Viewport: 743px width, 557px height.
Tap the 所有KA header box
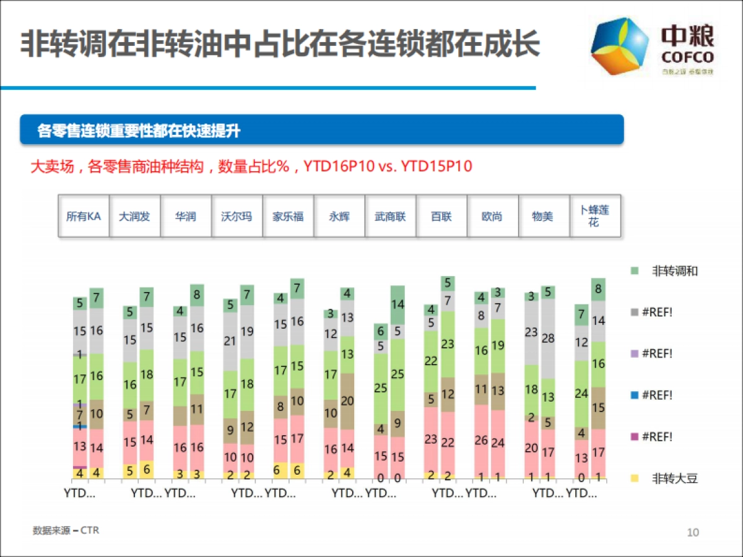(x=84, y=217)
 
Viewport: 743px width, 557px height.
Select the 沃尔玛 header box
(x=237, y=217)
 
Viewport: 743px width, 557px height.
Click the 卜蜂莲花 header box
(x=594, y=216)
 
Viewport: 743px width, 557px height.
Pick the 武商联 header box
(x=390, y=217)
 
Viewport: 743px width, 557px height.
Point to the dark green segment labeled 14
(x=398, y=304)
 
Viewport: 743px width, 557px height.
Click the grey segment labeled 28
(x=548, y=339)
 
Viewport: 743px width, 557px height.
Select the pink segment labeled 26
(x=481, y=441)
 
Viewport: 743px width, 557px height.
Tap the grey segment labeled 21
(x=230, y=341)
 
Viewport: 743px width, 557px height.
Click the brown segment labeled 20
(x=347, y=401)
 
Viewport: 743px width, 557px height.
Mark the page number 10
(x=693, y=532)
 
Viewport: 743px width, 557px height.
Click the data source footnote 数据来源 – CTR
(x=66, y=530)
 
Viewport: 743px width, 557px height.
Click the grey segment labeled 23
(x=531, y=333)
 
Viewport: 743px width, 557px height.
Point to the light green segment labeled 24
(x=581, y=393)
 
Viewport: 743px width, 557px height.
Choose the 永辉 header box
(x=339, y=217)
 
